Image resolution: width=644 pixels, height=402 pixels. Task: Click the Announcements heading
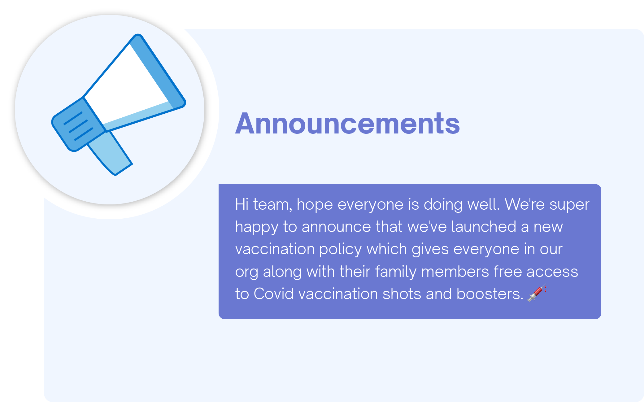pyautogui.click(x=347, y=124)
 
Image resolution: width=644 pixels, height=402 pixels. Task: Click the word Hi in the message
pyautogui.click(x=242, y=204)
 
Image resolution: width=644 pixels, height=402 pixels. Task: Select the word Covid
pyautogui.click(x=273, y=294)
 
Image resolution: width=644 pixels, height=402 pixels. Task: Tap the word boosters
pyautogui.click(x=490, y=294)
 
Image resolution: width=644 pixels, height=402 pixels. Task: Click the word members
pyautogui.click(x=455, y=271)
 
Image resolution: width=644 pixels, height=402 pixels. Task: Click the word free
pyautogui.click(x=507, y=271)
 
